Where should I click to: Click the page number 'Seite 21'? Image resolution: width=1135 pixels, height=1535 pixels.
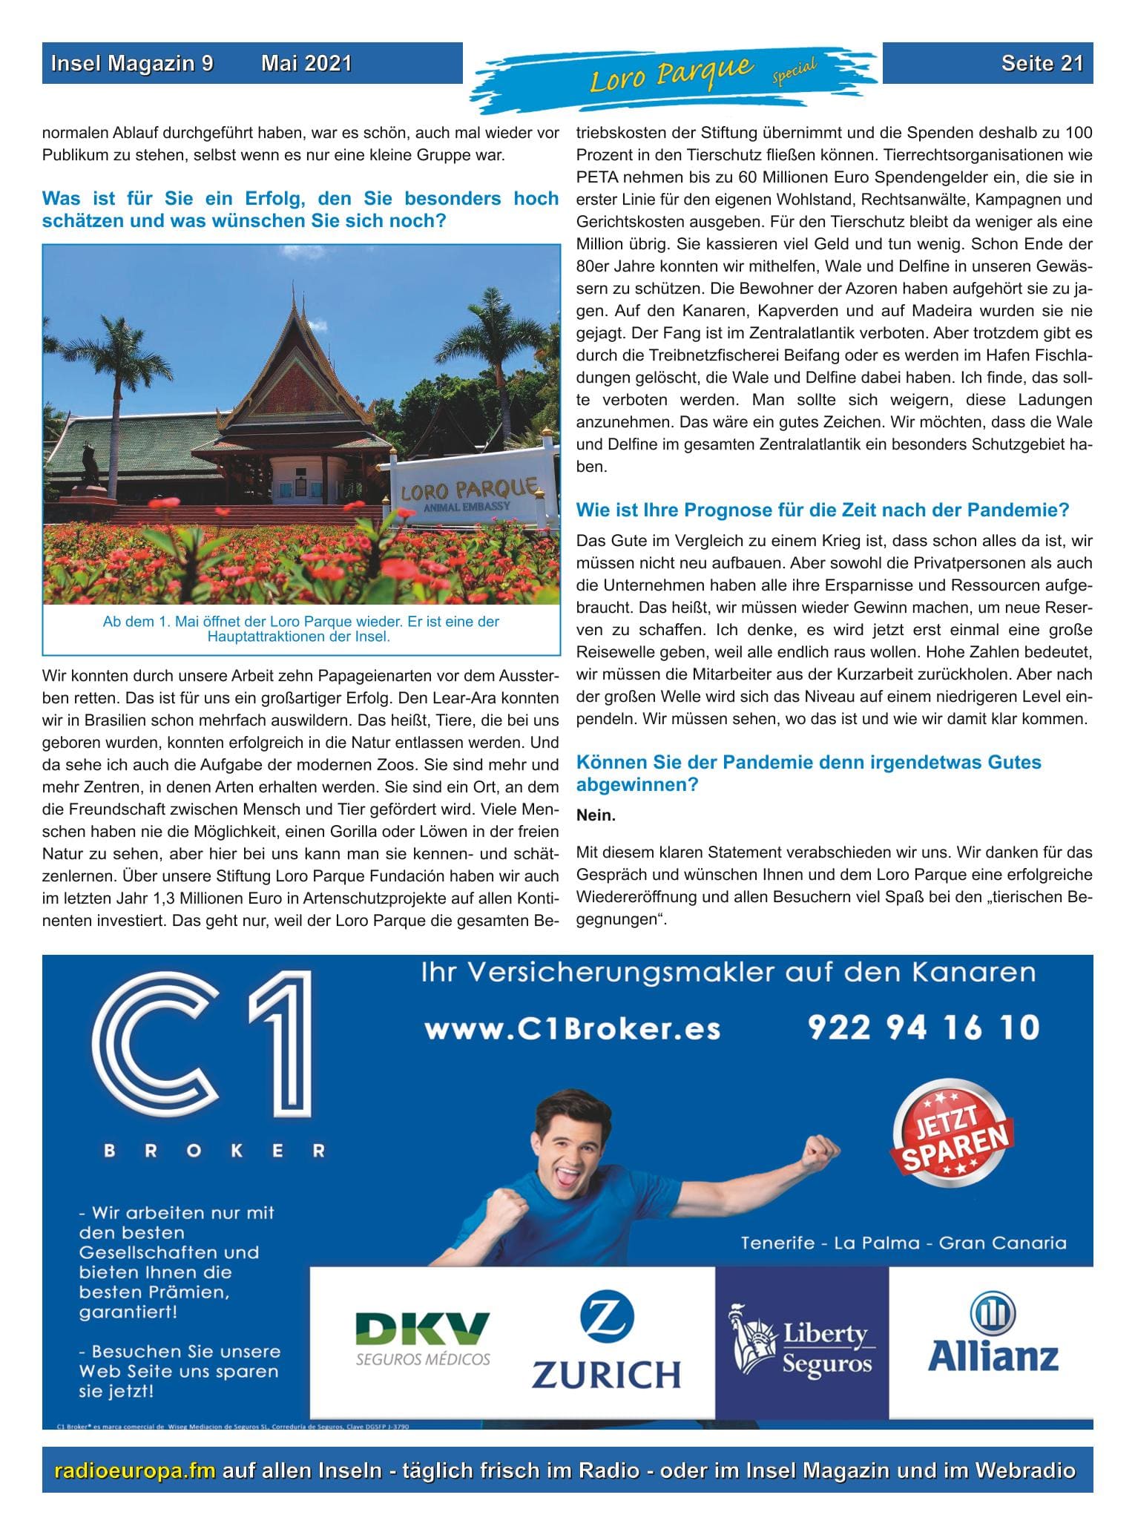(x=1041, y=64)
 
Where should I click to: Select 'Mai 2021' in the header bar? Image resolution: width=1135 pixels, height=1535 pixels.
(x=306, y=64)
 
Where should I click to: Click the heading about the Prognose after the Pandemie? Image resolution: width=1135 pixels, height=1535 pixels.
(x=822, y=510)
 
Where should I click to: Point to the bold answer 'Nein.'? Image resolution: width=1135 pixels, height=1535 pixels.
(x=596, y=815)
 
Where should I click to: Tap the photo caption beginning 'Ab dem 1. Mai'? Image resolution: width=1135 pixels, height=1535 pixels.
(x=300, y=628)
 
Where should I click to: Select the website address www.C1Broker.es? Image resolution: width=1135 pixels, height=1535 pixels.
(x=572, y=1029)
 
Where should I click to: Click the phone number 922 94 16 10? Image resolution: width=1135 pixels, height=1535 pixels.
(x=923, y=1028)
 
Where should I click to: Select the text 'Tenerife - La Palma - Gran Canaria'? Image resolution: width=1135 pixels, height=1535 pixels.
(x=903, y=1243)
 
